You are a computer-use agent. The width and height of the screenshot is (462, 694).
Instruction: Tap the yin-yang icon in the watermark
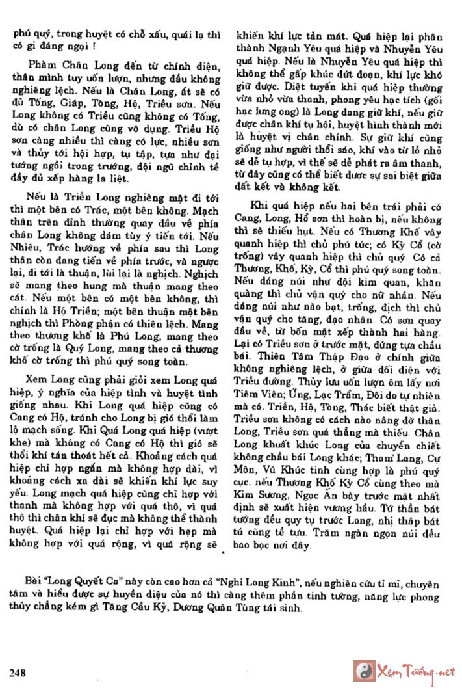click(x=363, y=671)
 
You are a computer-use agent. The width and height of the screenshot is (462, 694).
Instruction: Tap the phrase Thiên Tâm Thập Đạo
click(x=314, y=356)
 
